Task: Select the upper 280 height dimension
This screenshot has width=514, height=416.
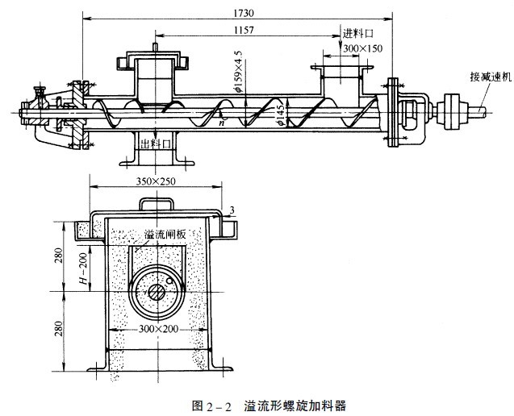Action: (x=59, y=256)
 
